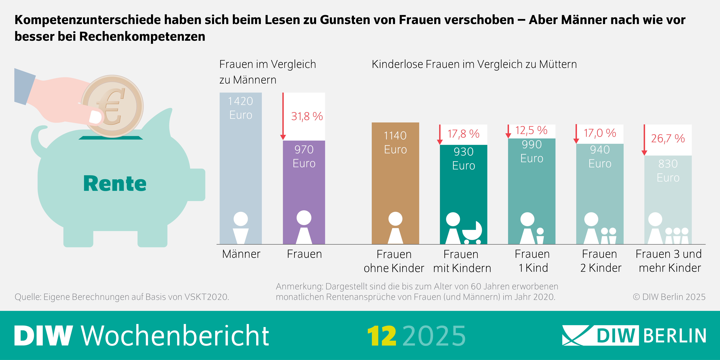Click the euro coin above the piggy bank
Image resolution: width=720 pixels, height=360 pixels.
click(112, 106)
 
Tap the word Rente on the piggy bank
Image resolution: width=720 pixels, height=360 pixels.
click(115, 184)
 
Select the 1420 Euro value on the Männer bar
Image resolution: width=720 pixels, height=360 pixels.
click(241, 108)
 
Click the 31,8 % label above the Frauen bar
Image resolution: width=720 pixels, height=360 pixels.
click(307, 116)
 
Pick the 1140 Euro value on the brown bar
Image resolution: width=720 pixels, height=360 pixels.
click(395, 143)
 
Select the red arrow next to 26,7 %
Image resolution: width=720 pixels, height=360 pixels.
click(644, 140)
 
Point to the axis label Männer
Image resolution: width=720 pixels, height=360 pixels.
click(241, 254)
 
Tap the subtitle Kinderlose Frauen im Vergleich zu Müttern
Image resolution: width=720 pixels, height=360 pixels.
click(474, 64)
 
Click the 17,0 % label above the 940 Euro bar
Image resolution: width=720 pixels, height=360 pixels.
click(600, 133)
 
